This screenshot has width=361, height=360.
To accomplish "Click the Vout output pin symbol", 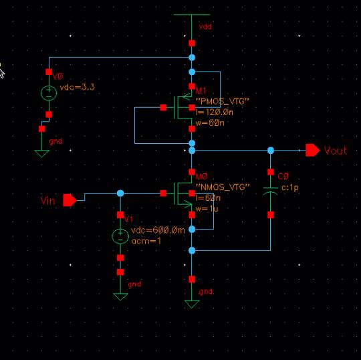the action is pyautogui.click(x=312, y=151).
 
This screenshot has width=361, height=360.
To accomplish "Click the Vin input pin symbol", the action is pyautogui.click(x=70, y=200).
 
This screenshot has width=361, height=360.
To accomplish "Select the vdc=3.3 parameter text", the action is pyautogui.click(x=77, y=87).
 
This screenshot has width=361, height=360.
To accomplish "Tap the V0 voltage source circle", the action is pyautogui.click(x=49, y=93).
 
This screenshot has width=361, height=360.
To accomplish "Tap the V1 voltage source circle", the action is pyautogui.click(x=120, y=236).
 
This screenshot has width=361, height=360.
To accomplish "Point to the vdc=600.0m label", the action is pyautogui.click(x=158, y=230).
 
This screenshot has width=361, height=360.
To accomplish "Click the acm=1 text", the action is pyautogui.click(x=146, y=241).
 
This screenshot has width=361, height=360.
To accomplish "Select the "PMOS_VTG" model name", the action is pyautogui.click(x=223, y=102).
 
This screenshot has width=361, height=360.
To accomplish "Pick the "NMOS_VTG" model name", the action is pyautogui.click(x=223, y=187).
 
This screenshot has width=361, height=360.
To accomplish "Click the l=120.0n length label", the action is pyautogui.click(x=215, y=112).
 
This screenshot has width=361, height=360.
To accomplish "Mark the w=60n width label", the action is pyautogui.click(x=210, y=123).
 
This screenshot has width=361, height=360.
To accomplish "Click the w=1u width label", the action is pyautogui.click(x=207, y=209).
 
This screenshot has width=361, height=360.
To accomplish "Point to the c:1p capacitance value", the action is pyautogui.click(x=290, y=188).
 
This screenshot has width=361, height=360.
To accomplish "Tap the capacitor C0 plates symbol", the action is pyautogui.click(x=271, y=191).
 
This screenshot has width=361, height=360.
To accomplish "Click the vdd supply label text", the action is pyautogui.click(x=205, y=27).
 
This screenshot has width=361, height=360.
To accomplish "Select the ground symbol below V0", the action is pyautogui.click(x=41, y=153).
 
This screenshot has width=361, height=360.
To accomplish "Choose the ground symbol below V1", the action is pyautogui.click(x=120, y=297).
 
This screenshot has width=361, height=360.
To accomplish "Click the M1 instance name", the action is pyautogui.click(x=201, y=90).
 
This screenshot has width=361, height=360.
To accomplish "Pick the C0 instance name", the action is pyautogui.click(x=283, y=177).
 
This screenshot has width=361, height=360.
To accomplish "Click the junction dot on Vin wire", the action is pyautogui.click(x=120, y=193).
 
